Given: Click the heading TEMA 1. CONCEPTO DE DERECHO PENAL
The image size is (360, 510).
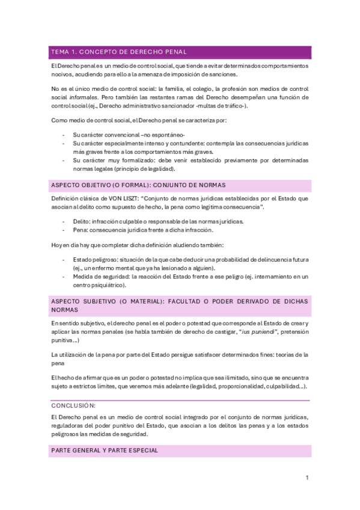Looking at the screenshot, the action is [x=119, y=52].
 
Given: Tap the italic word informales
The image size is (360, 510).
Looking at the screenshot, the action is [x=85, y=97].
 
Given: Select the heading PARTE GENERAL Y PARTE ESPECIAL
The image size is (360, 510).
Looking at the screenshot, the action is [x=105, y=450].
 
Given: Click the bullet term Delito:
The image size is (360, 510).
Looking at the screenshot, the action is [x=81, y=221].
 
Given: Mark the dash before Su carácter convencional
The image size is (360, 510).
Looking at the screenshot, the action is [x=64, y=135].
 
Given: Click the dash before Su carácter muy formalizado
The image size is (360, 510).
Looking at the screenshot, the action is [x=64, y=161].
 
